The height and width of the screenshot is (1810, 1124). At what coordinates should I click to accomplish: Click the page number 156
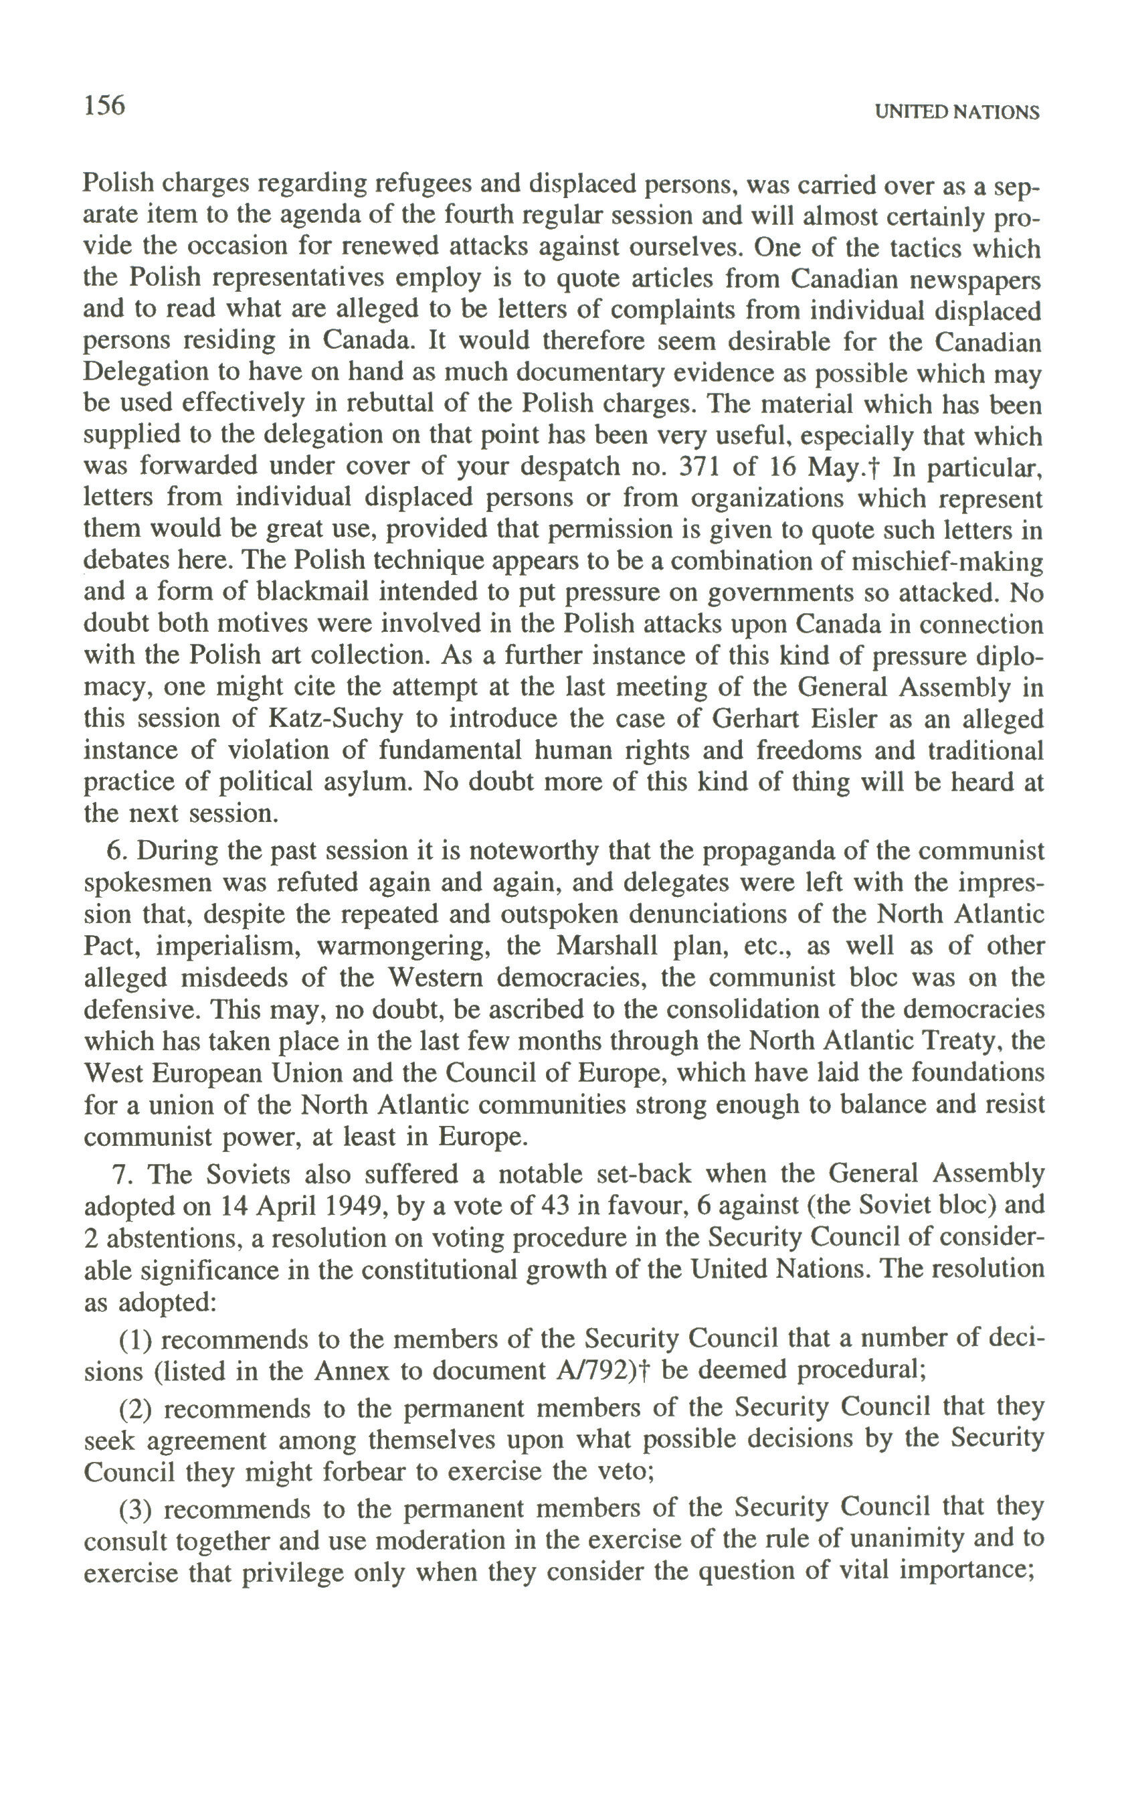click(104, 106)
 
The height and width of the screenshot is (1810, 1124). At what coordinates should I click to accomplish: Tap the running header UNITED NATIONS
click(957, 112)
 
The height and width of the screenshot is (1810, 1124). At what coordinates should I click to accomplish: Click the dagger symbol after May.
click(877, 467)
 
